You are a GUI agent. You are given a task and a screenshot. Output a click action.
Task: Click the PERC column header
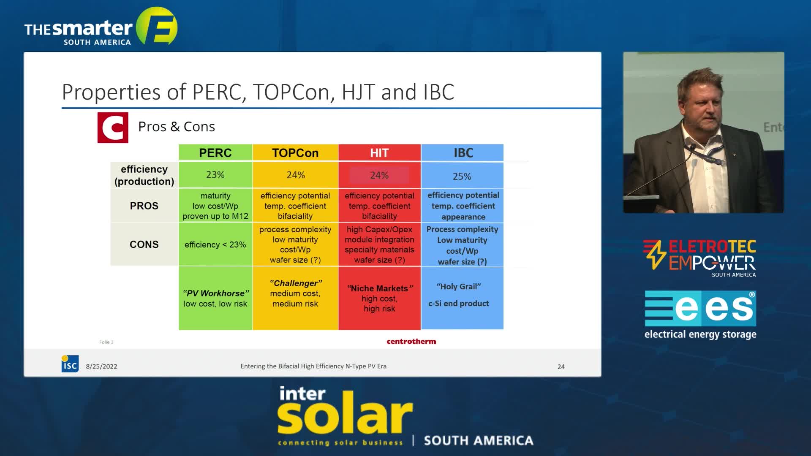tap(215, 152)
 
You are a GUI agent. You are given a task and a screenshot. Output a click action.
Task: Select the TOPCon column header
tap(295, 152)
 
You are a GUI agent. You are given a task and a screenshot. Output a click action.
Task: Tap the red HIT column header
tap(379, 152)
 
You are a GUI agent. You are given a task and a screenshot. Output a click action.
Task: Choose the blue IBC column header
tap(463, 152)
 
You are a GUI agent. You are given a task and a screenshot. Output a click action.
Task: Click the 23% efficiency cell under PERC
tap(215, 175)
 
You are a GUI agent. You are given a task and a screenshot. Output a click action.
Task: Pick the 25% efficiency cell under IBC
tap(462, 176)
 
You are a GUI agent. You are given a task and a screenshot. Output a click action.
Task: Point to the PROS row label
tap(144, 206)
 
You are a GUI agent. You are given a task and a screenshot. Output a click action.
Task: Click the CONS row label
tap(144, 244)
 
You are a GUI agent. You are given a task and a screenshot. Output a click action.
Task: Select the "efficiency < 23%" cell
tap(215, 244)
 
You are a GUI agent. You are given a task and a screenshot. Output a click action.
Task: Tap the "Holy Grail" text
tap(459, 287)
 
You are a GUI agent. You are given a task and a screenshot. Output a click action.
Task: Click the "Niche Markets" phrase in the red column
tap(380, 288)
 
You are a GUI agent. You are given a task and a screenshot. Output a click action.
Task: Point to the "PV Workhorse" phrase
tap(216, 293)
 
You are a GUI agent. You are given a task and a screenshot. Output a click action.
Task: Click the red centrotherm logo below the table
tap(411, 342)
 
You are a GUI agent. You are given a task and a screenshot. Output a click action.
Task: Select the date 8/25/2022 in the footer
tap(102, 366)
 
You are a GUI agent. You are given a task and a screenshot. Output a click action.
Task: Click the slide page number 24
tap(561, 366)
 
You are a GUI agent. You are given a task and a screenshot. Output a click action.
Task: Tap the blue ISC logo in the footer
tap(70, 364)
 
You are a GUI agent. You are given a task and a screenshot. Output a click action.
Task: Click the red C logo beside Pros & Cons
tap(113, 128)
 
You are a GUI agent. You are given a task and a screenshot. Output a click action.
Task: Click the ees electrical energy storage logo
tap(700, 315)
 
